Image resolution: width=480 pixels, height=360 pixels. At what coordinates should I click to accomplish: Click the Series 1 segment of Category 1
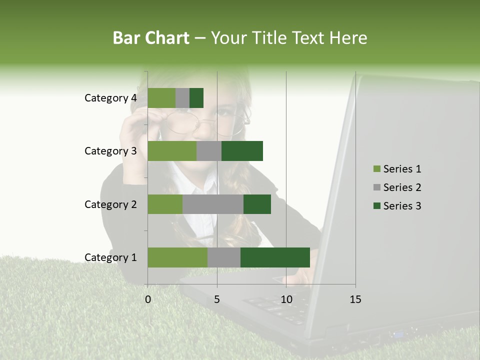[x=177, y=257]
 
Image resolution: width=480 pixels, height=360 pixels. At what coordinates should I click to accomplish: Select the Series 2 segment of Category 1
[x=224, y=257]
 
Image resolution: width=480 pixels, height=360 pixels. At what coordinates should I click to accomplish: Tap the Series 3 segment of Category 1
[x=275, y=257]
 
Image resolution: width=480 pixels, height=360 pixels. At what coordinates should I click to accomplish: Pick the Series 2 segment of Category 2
[x=213, y=204]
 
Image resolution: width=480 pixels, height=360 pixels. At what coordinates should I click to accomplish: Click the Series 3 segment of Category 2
[x=257, y=204]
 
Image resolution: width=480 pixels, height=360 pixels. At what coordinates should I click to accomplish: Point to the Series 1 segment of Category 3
[x=172, y=151]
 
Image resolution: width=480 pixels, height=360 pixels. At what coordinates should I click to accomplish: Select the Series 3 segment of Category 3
[x=242, y=151]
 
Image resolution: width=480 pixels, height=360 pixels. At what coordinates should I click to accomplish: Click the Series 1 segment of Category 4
[x=161, y=98]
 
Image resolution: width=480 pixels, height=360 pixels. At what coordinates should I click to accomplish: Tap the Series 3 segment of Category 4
[x=196, y=98]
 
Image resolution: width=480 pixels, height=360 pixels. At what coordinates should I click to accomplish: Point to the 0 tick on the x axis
[x=148, y=299]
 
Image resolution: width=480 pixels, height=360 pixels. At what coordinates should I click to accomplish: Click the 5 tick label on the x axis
[x=217, y=299]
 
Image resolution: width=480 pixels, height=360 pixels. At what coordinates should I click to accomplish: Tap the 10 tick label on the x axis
[x=286, y=299]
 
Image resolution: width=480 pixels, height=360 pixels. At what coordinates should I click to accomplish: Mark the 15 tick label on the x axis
[x=355, y=299]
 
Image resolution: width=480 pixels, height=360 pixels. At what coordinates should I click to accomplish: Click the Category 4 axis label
[x=110, y=98]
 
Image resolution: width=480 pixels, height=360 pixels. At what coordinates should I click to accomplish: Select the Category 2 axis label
[x=110, y=204]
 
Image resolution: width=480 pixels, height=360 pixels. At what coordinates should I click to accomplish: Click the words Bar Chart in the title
[x=151, y=38]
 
